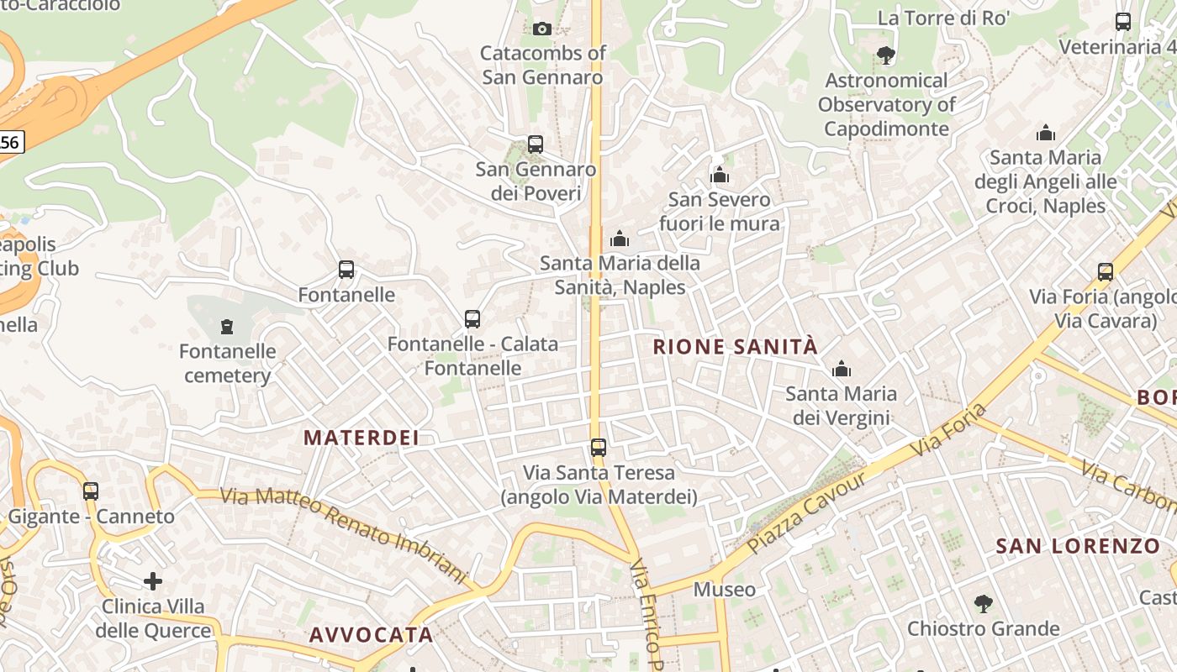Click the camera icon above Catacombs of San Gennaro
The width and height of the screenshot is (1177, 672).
tap(542, 29)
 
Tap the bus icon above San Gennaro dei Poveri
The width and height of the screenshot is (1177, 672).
tap(536, 144)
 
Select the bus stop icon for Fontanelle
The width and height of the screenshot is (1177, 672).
tap(346, 270)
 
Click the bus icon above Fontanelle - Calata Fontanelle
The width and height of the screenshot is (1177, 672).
tap(472, 319)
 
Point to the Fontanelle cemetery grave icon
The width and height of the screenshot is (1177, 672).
tap(226, 326)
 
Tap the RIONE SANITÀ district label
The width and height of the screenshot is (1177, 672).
tap(735, 347)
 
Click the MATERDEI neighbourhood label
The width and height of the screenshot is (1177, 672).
tap(361, 438)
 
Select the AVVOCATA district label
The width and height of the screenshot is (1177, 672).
tap(371, 635)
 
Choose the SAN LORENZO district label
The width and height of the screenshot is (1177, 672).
tap(1078, 546)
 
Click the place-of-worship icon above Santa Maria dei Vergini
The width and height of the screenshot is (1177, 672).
tap(842, 369)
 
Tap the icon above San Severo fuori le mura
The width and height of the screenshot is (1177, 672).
tap(720, 175)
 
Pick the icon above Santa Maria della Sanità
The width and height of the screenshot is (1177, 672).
tap(620, 239)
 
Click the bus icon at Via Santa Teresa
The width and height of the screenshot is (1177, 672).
tap(599, 448)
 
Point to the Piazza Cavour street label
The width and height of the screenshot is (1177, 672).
tap(806, 512)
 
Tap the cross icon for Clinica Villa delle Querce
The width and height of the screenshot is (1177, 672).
tap(153, 580)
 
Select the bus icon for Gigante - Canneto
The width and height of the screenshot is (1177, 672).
tap(91, 491)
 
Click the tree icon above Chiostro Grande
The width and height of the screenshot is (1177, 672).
tap(983, 604)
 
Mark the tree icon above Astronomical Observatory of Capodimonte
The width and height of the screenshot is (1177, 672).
tap(885, 55)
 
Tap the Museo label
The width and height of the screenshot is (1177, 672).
tap(724, 590)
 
